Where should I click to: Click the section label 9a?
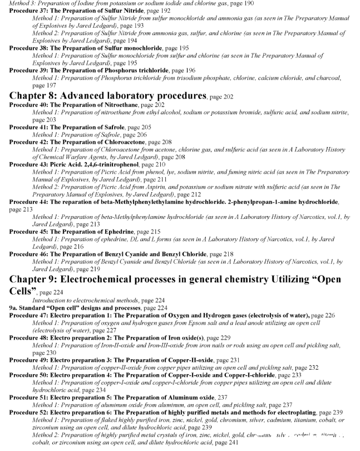click(13, 307)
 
